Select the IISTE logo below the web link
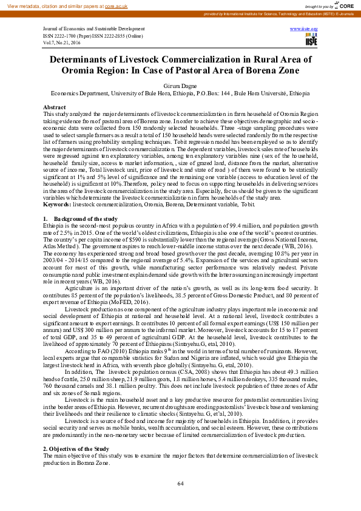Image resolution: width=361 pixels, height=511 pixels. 311,40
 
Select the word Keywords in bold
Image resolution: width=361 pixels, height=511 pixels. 56,205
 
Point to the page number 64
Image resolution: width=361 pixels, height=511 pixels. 180,483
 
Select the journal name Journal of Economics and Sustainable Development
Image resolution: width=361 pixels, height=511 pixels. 96,29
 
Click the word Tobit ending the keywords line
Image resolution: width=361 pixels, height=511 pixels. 265,205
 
